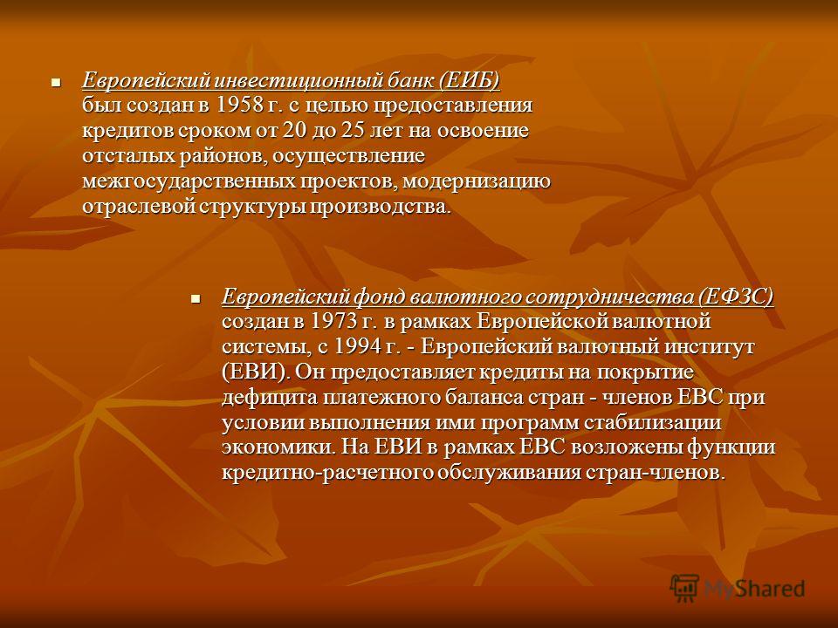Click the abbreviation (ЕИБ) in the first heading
point(470,80)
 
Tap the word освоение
point(483,131)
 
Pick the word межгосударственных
point(189,182)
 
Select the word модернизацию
point(477,182)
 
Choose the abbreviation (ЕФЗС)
point(735,297)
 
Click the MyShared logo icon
point(684,589)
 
